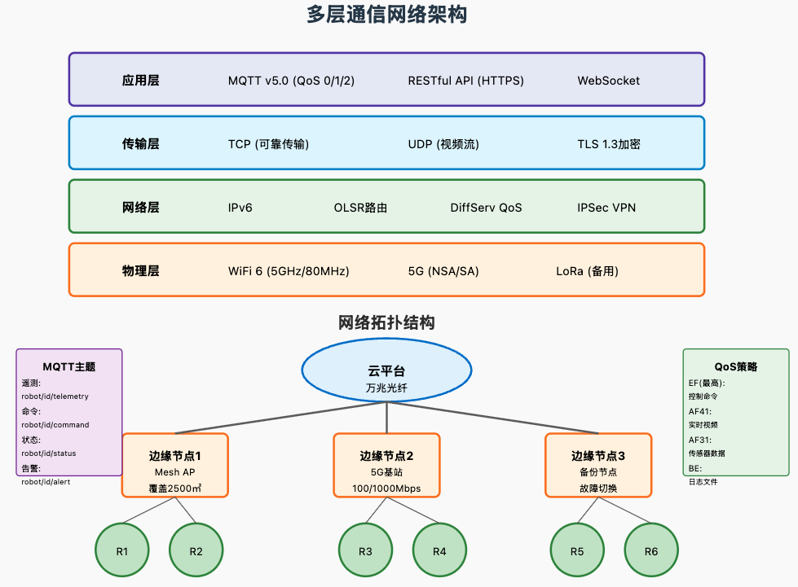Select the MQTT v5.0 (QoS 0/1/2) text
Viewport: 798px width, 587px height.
pos(291,81)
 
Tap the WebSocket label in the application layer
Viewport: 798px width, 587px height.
pos(608,81)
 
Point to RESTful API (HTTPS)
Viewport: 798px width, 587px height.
pos(465,81)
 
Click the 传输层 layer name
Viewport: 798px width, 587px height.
pos(140,144)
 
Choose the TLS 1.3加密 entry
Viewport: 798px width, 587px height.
pos(608,144)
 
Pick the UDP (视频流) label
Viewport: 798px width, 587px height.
pos(443,144)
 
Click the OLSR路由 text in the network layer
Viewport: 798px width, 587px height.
pos(360,208)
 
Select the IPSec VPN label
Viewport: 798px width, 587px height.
pos(606,208)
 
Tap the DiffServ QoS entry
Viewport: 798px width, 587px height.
pos(486,208)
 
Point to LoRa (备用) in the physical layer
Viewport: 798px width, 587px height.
pos(587,271)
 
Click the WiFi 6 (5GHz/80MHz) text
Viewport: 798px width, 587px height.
pos(289,271)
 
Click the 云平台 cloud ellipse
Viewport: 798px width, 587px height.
pos(386,371)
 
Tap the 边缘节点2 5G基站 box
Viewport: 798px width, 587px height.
pos(386,465)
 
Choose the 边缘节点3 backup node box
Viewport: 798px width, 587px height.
pos(598,465)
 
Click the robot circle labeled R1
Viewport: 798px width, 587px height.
pos(122,551)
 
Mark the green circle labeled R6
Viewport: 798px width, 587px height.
pos(650,551)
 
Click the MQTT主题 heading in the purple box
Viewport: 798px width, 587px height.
pos(69,367)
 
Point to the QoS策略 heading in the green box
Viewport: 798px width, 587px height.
pos(735,367)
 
